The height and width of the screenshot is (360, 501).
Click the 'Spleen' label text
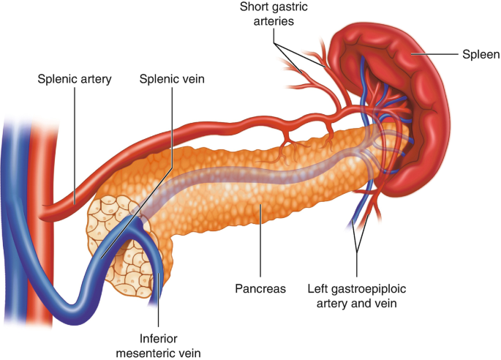[481, 54]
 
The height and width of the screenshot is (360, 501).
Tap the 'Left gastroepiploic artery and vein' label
[357, 295]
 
